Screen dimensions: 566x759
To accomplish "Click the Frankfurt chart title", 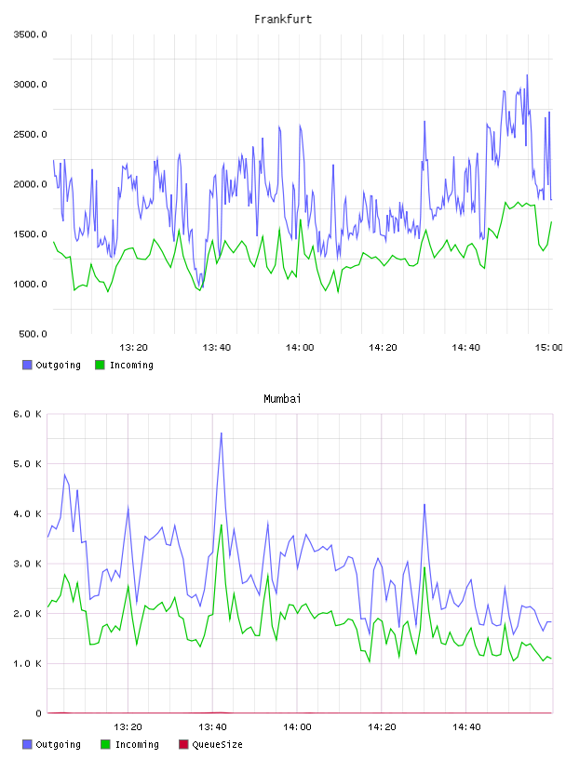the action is point(283,20).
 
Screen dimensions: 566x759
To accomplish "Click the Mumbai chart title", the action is point(282,399).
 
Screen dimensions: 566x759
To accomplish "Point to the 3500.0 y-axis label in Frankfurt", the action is point(31,34).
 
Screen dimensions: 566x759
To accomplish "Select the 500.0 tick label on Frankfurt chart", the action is point(33,334).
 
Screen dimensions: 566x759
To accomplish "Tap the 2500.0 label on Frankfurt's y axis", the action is point(31,134).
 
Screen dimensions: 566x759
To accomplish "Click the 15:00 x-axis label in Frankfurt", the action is point(548,348).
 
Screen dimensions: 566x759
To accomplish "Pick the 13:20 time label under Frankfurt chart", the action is point(133,348).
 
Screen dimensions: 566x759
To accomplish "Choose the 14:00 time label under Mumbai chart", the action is point(297,727).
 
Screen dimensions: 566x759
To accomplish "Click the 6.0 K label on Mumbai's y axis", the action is point(27,414).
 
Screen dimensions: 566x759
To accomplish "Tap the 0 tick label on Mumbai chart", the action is point(38,713).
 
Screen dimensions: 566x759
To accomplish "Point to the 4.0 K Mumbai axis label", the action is point(27,513).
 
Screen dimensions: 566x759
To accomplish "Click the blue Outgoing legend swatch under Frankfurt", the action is point(27,365).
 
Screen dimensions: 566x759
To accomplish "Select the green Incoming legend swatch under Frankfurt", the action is point(100,365).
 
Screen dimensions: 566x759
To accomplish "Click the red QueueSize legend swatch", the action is point(183,744).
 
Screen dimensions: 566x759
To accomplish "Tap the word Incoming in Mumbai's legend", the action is point(137,745).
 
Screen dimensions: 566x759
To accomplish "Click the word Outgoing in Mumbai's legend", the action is point(58,745).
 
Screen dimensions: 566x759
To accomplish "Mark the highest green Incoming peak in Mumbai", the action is point(222,525).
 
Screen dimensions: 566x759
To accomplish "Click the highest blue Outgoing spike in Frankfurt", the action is point(527,75).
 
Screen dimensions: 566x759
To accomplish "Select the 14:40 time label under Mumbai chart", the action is point(466,727).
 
